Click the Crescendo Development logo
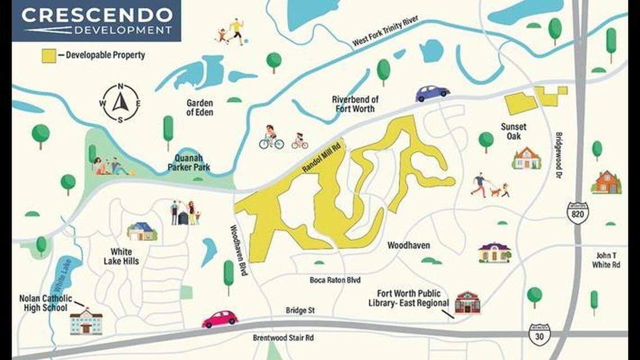pyautogui.click(x=96, y=21)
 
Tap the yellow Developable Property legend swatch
pyautogui.click(x=49, y=56)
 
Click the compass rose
pyautogui.click(x=121, y=103)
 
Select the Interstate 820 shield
pyautogui.click(x=577, y=213)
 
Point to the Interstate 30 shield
pyautogui.click(x=540, y=334)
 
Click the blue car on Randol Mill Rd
pyautogui.click(x=432, y=93)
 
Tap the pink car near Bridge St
pyautogui.click(x=220, y=319)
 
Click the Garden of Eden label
pyautogui.click(x=200, y=107)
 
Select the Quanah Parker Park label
pyautogui.click(x=189, y=162)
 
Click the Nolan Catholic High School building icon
pyautogui.click(x=86, y=322)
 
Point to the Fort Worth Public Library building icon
pyautogui.click(x=467, y=303)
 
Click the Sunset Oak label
pyautogui.click(x=510, y=131)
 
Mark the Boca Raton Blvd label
pyautogui.click(x=335, y=280)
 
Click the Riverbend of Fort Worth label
pyautogui.click(x=355, y=104)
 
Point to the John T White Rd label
pyautogui.click(x=608, y=260)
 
